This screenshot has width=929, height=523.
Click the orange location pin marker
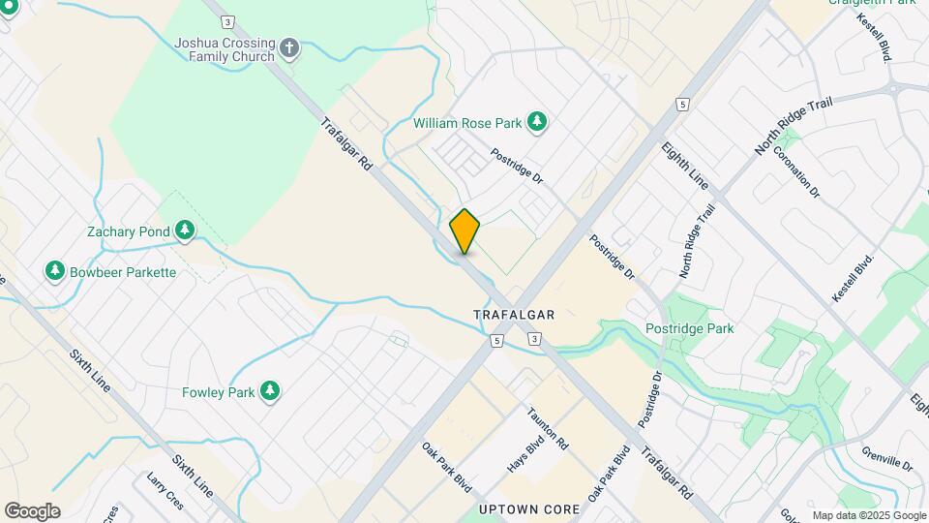(464, 231)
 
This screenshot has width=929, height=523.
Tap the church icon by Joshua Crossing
(288, 47)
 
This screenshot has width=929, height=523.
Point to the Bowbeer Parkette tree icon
(55, 271)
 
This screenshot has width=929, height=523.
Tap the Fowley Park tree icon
(272, 391)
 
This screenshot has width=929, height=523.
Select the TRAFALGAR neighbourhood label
(514, 315)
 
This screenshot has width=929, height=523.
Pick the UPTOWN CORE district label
(528, 508)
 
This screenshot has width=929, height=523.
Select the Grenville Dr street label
(887, 450)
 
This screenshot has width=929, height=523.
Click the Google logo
(32, 511)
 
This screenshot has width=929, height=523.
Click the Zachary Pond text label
(129, 232)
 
